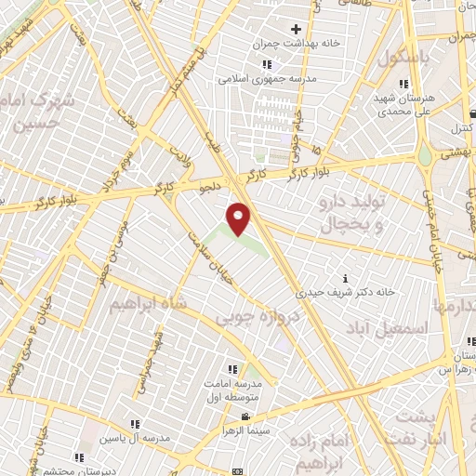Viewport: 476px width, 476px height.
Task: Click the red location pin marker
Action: (239, 218)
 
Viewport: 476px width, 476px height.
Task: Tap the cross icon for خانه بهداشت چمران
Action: (296, 29)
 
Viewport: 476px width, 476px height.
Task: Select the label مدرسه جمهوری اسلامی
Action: (268, 79)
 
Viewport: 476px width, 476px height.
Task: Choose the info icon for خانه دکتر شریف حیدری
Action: (346, 278)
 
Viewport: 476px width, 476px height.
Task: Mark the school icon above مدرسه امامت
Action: (231, 369)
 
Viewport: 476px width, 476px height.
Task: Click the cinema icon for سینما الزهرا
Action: (245, 416)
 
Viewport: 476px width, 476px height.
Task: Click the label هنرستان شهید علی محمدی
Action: (403, 102)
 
